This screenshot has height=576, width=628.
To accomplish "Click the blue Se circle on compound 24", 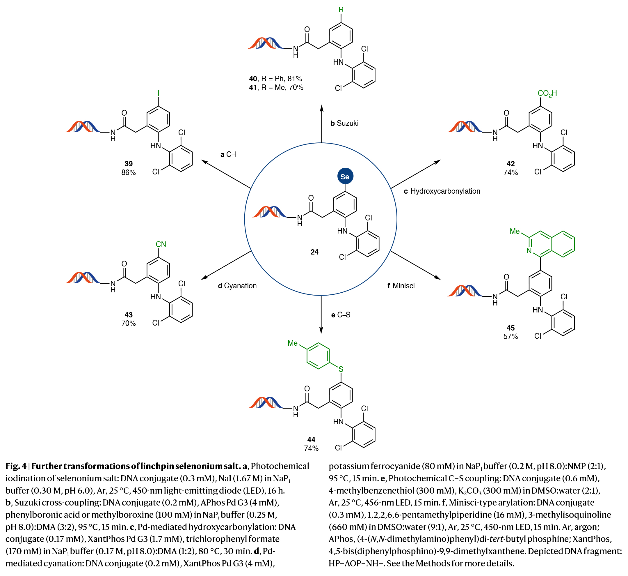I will click(345, 176).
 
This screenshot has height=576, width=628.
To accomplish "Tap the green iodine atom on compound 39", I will click(158, 93).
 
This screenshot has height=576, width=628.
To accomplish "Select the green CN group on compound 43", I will click(161, 244).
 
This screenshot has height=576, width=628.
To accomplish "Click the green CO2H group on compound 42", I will click(547, 93).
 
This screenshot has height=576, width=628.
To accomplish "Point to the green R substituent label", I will click(341, 10).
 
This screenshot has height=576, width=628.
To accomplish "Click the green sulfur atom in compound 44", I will click(341, 369).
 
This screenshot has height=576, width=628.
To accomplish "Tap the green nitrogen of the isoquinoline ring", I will click(529, 251).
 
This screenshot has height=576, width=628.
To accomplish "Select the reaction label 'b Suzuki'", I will click(344, 123).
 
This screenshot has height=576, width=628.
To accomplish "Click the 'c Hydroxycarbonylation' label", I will click(442, 191).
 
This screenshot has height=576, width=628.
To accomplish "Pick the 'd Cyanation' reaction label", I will click(237, 286).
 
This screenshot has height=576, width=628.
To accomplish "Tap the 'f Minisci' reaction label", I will click(401, 286).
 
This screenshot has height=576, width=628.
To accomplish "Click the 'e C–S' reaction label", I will click(341, 315).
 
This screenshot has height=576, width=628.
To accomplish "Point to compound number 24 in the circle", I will click(314, 252).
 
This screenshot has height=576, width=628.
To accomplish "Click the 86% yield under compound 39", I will click(128, 172).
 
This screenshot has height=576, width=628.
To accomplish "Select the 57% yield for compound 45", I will click(510, 337).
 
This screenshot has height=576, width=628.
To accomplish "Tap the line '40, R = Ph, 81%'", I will click(275, 79).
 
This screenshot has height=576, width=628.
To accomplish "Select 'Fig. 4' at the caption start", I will click(16, 466).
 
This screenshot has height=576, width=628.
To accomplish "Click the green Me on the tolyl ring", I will click(293, 343).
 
